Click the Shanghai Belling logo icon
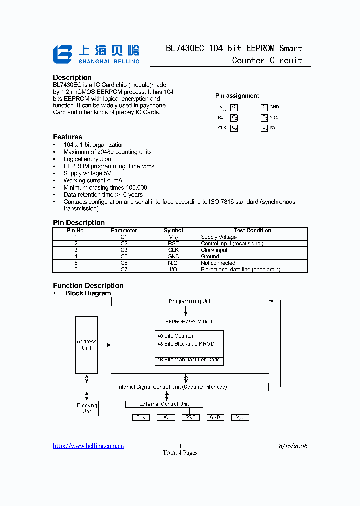(63, 54)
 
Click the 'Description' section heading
(72, 77)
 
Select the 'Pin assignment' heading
(237, 96)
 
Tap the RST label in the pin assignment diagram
(222, 117)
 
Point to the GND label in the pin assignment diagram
(274, 107)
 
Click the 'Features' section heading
(68, 137)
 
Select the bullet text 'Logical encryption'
(87, 159)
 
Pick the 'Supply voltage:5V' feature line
(87, 173)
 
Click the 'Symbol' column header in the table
(173, 230)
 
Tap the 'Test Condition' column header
(252, 230)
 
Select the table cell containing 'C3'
(124, 250)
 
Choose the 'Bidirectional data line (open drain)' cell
(240, 269)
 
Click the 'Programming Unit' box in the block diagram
(190, 301)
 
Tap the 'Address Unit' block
(86, 345)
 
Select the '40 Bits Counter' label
(175, 336)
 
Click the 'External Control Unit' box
(164, 404)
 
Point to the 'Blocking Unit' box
(87, 408)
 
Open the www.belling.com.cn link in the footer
(88, 446)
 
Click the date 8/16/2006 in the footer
(293, 446)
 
